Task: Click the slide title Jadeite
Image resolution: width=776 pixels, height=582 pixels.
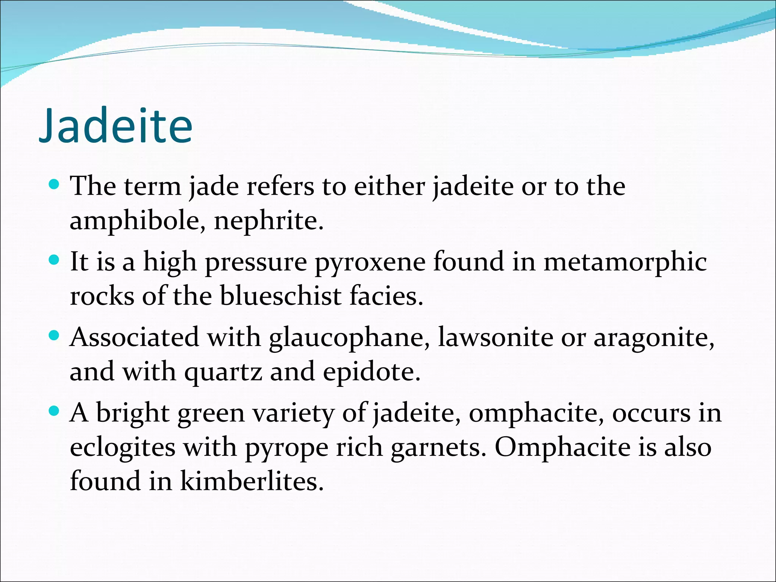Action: click(116, 126)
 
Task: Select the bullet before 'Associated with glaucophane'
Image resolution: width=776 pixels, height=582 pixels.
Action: click(55, 336)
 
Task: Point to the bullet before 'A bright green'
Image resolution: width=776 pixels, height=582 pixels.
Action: click(55, 411)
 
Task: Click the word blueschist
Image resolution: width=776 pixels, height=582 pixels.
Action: click(281, 296)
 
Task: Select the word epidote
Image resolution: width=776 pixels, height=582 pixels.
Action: click(371, 372)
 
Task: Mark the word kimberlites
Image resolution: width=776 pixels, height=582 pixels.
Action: click(252, 481)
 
